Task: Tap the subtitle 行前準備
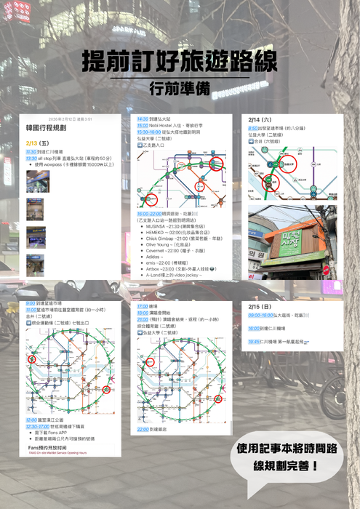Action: pyautogui.click(x=179, y=89)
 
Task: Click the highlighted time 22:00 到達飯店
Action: pyautogui.click(x=143, y=429)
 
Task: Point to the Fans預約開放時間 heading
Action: pyautogui.click(x=53, y=448)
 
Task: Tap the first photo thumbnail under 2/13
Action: pyautogui.click(x=38, y=182)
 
